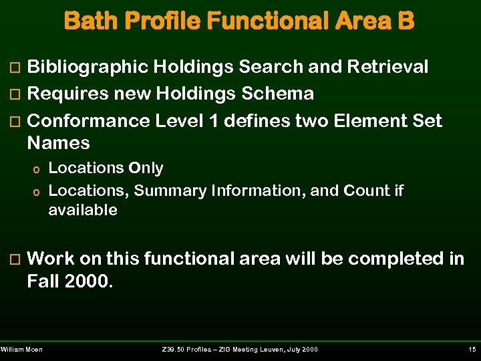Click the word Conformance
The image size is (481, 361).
89,122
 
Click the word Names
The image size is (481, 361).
58,143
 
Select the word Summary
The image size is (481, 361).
170,191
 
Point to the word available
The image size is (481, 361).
83,211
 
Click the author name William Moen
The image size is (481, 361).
22,350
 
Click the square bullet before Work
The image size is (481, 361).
17,259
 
